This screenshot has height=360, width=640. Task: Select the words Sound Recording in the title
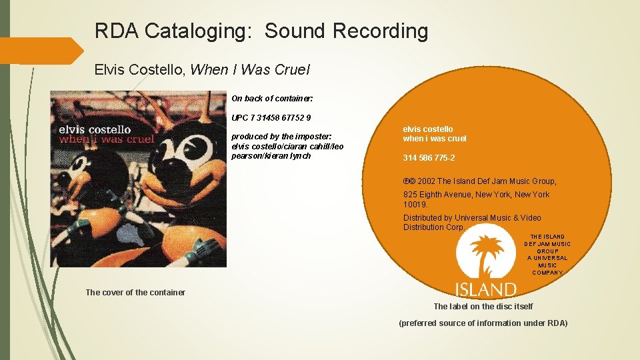346,31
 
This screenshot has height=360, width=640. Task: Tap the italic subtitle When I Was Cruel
250,69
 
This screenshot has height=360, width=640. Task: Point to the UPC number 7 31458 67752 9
271,118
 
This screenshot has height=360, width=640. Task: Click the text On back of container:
272,99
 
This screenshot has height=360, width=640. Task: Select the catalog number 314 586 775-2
429,158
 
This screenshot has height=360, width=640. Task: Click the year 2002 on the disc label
427,181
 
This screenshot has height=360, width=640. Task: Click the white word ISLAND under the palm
485,289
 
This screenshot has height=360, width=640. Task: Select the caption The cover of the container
135,292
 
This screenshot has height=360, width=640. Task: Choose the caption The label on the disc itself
483,307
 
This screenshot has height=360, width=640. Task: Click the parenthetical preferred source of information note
483,323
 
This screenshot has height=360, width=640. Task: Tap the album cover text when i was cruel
107,139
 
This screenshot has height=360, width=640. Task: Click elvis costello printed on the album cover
95,129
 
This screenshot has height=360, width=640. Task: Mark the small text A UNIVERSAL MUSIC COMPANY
547,265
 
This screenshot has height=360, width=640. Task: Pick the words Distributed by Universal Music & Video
472,218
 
